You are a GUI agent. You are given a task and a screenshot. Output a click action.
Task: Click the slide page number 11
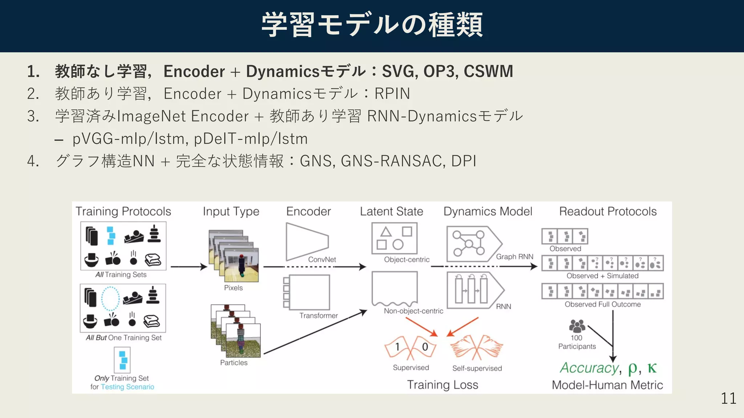pos(728,398)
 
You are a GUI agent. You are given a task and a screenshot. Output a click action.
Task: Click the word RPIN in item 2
pos(392,94)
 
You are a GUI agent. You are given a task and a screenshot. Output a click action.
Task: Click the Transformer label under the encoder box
pos(318,315)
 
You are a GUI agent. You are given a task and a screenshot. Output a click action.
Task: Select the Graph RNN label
pos(514,257)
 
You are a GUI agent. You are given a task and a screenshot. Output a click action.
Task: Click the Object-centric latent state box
pos(394,238)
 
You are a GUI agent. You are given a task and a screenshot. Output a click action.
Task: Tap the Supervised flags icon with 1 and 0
pos(411,348)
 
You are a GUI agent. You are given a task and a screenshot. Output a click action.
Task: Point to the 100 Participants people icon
pos(577,326)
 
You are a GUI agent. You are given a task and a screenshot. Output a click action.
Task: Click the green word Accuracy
pos(589,368)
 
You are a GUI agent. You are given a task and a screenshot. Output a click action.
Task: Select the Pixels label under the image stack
pos(233,288)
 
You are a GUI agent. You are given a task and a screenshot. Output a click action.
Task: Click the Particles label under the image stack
pos(234,362)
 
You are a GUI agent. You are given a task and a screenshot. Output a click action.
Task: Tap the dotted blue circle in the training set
pos(110,299)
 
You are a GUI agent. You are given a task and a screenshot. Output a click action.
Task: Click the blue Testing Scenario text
pos(127,387)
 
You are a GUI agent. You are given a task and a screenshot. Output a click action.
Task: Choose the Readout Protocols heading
pos(607,211)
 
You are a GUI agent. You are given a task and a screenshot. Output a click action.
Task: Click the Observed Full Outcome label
pos(602,304)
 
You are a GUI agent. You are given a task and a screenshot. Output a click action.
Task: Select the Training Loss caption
pos(442,385)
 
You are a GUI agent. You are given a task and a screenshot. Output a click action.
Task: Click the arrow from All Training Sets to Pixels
pos(188,267)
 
